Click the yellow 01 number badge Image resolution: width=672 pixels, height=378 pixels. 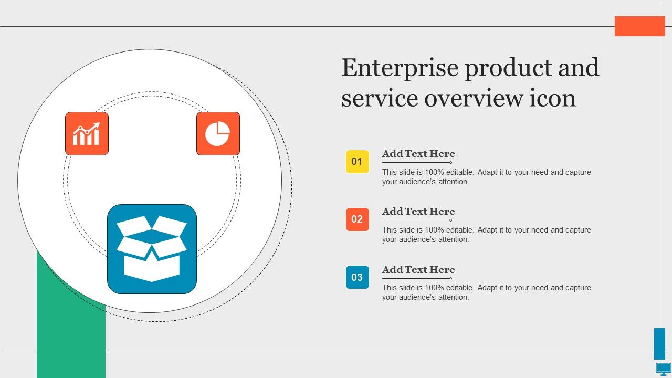[x=358, y=162]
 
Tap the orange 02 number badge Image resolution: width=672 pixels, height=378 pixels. [x=358, y=219]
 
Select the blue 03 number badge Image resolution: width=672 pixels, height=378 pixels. [x=358, y=277]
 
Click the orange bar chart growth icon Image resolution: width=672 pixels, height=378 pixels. [x=87, y=134]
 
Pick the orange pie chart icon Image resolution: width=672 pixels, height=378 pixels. [x=218, y=134]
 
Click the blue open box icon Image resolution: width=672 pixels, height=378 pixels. [x=152, y=249]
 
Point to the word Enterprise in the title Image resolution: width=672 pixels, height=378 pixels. [x=400, y=68]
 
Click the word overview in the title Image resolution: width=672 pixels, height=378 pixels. [x=474, y=98]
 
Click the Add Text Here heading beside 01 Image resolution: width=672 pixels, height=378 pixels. [x=418, y=154]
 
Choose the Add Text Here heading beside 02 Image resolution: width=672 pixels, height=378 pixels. [x=418, y=212]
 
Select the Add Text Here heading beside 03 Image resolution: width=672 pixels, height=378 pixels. [x=418, y=269]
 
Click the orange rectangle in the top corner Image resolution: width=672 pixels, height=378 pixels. [x=640, y=26]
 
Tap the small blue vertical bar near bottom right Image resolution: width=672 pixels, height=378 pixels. [x=660, y=343]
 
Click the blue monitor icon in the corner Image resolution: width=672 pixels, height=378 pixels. [x=664, y=369]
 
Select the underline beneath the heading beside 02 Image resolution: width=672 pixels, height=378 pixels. [x=417, y=220]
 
